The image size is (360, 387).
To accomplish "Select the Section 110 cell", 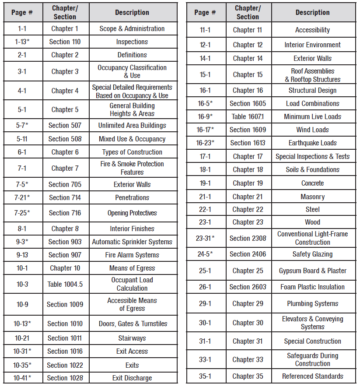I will [x=65, y=42].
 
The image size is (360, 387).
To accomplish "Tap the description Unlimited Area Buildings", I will [x=132, y=126].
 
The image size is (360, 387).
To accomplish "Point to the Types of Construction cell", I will [x=132, y=152].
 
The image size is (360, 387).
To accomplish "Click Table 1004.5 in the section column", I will [x=65, y=284].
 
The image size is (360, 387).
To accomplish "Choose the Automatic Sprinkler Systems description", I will [x=132, y=242].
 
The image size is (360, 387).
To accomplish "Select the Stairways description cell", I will [x=132, y=338].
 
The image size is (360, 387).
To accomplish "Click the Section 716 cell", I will [x=65, y=213].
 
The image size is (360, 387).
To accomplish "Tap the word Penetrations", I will [x=132, y=198].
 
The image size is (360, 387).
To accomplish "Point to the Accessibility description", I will [x=312, y=30].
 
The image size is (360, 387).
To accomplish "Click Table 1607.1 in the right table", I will [x=248, y=117].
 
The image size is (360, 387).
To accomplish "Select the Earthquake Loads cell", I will [x=312, y=143].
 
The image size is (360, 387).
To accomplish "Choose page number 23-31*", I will [x=205, y=238].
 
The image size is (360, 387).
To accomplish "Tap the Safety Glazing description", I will [x=312, y=254].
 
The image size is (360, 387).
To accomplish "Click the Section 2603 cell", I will [x=248, y=287].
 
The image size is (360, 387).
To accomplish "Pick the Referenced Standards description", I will [x=312, y=376].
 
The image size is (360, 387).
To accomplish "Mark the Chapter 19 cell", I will [x=248, y=183].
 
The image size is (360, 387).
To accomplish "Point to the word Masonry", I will [x=312, y=197].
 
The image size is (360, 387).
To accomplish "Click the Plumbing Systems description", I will [x=312, y=304].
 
